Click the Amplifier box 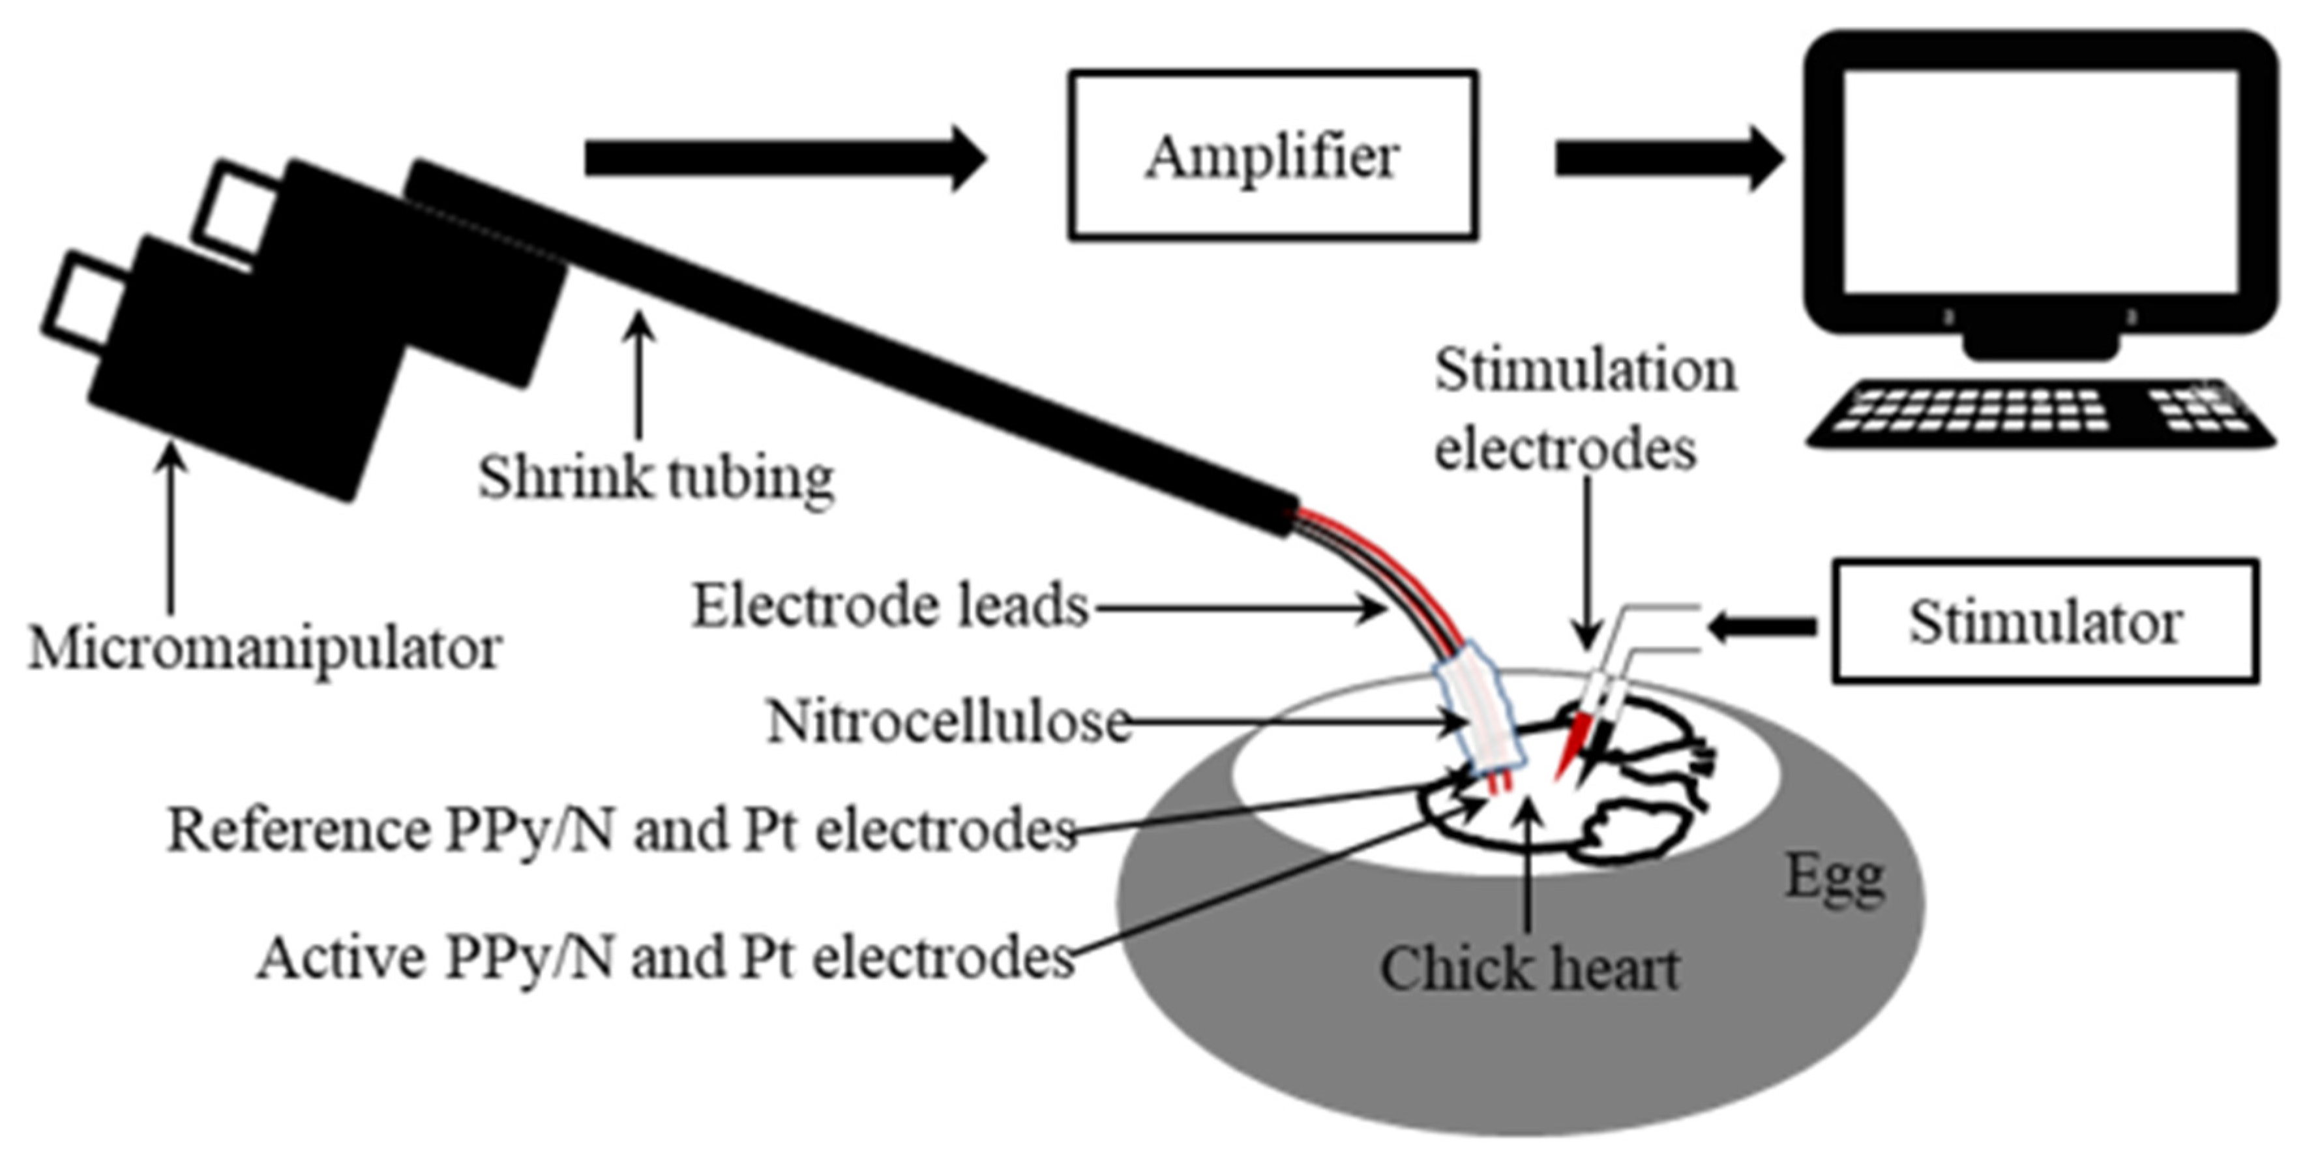coord(1271,156)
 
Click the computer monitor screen coord(2040,182)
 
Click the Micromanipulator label coord(265,648)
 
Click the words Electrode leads coord(889,606)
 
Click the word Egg coord(1834,877)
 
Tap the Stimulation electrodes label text coord(1584,408)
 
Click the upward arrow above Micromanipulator coord(171,528)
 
